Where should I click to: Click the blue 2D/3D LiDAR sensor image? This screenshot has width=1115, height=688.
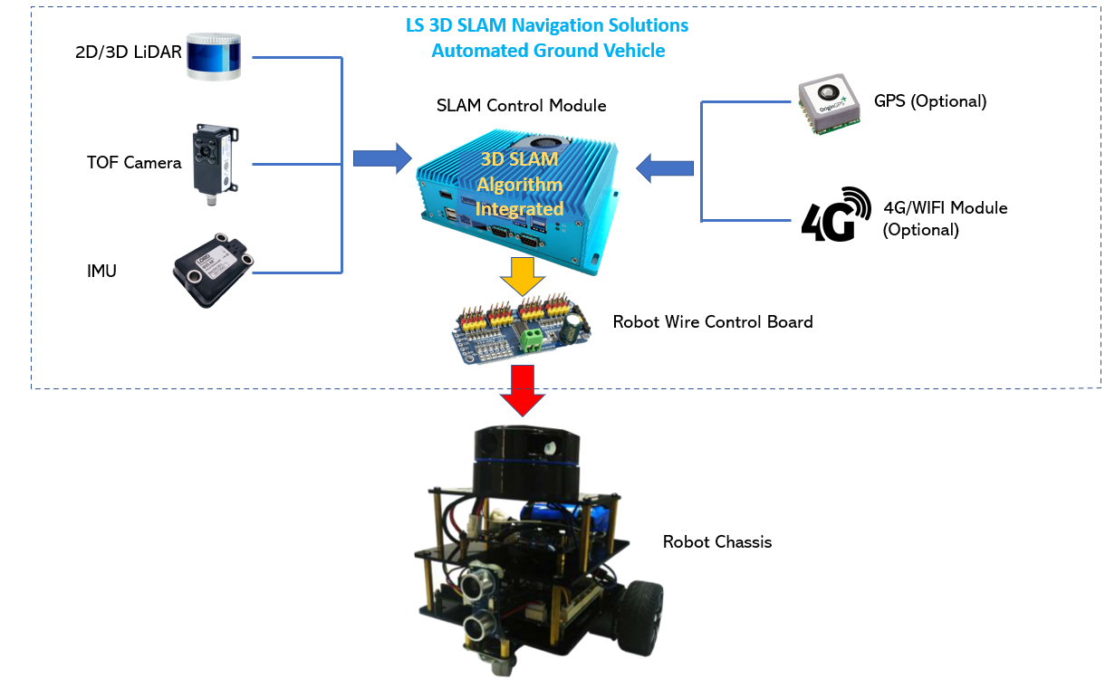[x=215, y=56]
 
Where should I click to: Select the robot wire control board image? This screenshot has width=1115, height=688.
[x=524, y=333]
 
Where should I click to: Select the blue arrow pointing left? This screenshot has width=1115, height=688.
[x=666, y=167]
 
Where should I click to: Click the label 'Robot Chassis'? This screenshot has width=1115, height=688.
[x=717, y=542]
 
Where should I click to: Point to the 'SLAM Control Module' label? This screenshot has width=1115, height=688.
[x=521, y=106]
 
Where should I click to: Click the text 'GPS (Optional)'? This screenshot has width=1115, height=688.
[x=930, y=101]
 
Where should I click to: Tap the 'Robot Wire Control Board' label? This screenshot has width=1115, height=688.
[x=713, y=321]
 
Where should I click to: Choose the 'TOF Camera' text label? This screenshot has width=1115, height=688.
[x=134, y=163]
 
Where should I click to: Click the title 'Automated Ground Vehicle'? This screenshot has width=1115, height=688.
[x=548, y=51]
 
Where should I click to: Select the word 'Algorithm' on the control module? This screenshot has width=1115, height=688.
[x=520, y=185]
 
